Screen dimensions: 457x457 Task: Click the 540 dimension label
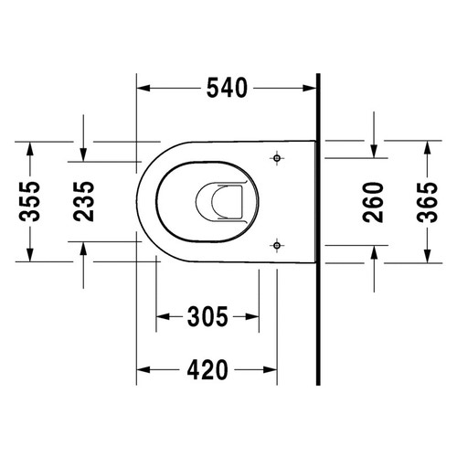coord(227,88)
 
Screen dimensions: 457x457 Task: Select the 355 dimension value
coord(29,202)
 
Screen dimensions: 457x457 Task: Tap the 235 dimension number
coord(84,201)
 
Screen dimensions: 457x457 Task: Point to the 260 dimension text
coord(373,202)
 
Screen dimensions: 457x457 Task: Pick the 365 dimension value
coord(427,202)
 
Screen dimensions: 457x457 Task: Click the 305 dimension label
coord(207,316)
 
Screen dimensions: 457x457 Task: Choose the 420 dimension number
coord(207,369)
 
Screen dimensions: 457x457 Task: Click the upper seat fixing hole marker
coord(277,158)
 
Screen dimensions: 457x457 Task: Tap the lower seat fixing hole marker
coord(277,245)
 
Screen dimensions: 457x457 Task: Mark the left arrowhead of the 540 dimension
coord(143,89)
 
